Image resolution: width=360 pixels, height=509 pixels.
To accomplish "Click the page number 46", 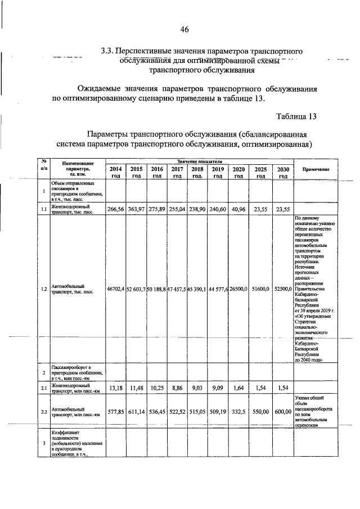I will [184, 29].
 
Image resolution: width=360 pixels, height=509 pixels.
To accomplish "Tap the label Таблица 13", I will [297, 117].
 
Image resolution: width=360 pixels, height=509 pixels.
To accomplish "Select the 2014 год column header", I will [115, 172].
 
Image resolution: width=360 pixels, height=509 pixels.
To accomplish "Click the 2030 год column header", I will [283, 172].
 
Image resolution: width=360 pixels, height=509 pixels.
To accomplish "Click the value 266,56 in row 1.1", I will [115, 209].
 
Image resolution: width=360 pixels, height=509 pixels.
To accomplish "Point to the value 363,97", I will [136, 209].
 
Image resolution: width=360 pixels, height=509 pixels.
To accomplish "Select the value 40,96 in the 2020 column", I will [238, 209].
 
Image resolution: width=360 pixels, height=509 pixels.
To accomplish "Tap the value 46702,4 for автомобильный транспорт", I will [115, 289].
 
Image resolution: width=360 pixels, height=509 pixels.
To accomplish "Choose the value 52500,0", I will [283, 289].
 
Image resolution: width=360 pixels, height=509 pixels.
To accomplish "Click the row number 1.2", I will [43, 289].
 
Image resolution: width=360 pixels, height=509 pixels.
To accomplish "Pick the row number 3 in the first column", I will [43, 444].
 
